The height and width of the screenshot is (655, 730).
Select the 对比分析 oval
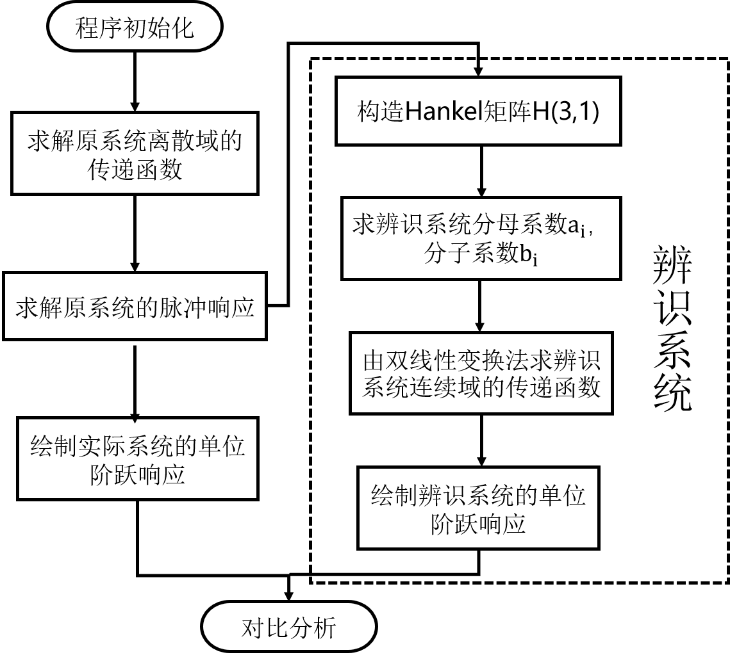(x=288, y=627)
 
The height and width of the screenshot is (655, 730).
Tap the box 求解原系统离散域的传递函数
(x=135, y=154)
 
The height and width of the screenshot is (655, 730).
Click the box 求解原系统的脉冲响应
(x=135, y=307)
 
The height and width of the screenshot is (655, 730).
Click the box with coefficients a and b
(x=481, y=238)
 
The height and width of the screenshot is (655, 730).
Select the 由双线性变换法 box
(x=481, y=373)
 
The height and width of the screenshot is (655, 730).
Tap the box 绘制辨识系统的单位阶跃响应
(x=478, y=508)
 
